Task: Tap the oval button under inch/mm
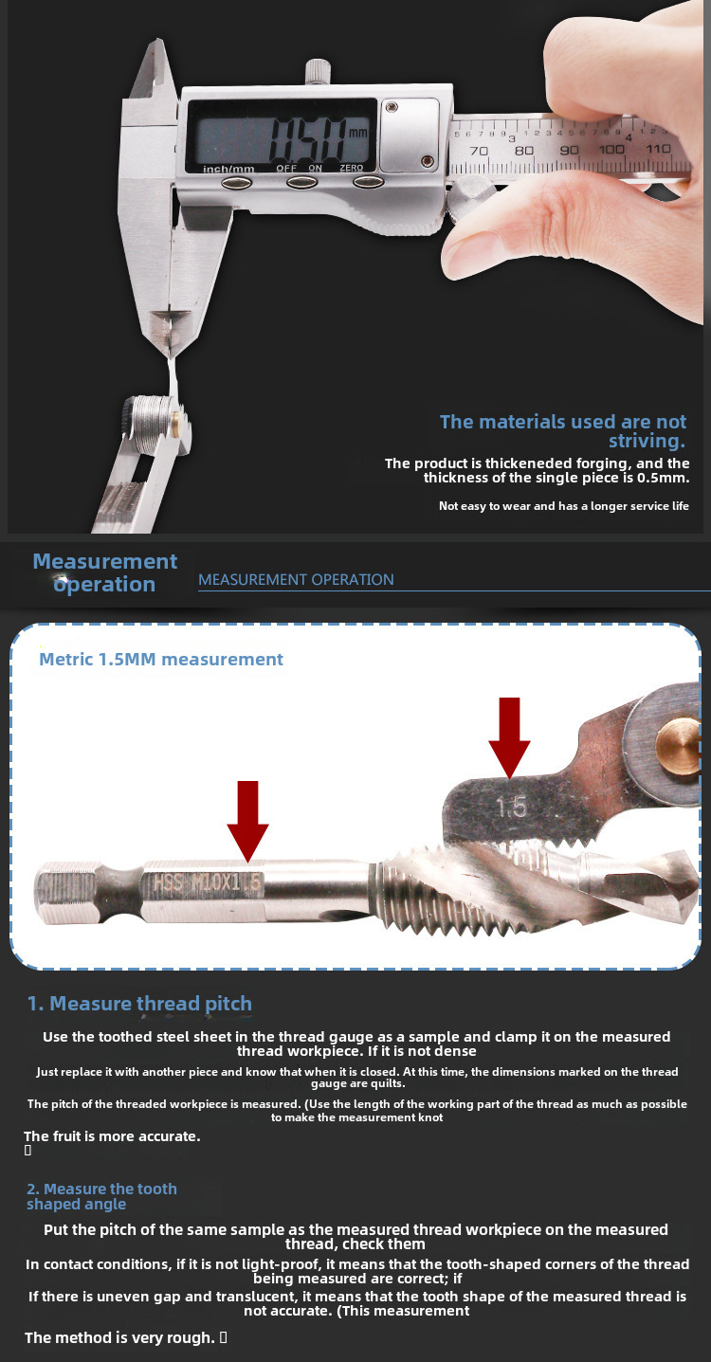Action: coord(237,182)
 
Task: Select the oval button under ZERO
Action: coord(369,182)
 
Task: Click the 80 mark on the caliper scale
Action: coord(523,150)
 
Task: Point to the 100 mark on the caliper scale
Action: coord(611,149)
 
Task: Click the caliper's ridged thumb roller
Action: coord(473,195)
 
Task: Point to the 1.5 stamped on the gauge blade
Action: coord(511,807)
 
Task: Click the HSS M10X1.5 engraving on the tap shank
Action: coord(208,882)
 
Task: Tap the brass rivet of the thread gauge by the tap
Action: coord(678,746)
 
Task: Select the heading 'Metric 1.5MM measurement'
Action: coord(161,659)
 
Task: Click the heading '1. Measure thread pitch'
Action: coord(139,1004)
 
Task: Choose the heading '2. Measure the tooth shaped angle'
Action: coord(101,1196)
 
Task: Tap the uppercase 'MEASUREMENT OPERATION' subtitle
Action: coord(296,579)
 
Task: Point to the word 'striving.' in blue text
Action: coord(647,441)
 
